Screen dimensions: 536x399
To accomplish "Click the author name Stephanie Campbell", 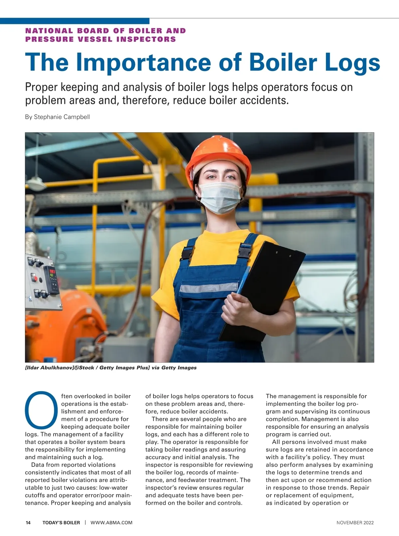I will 62,117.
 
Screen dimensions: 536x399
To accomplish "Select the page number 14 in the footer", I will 28,523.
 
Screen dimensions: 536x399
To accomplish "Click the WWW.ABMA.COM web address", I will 111,523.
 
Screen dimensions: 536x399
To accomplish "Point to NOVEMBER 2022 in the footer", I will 355,523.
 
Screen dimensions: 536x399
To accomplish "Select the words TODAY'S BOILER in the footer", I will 61,523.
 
